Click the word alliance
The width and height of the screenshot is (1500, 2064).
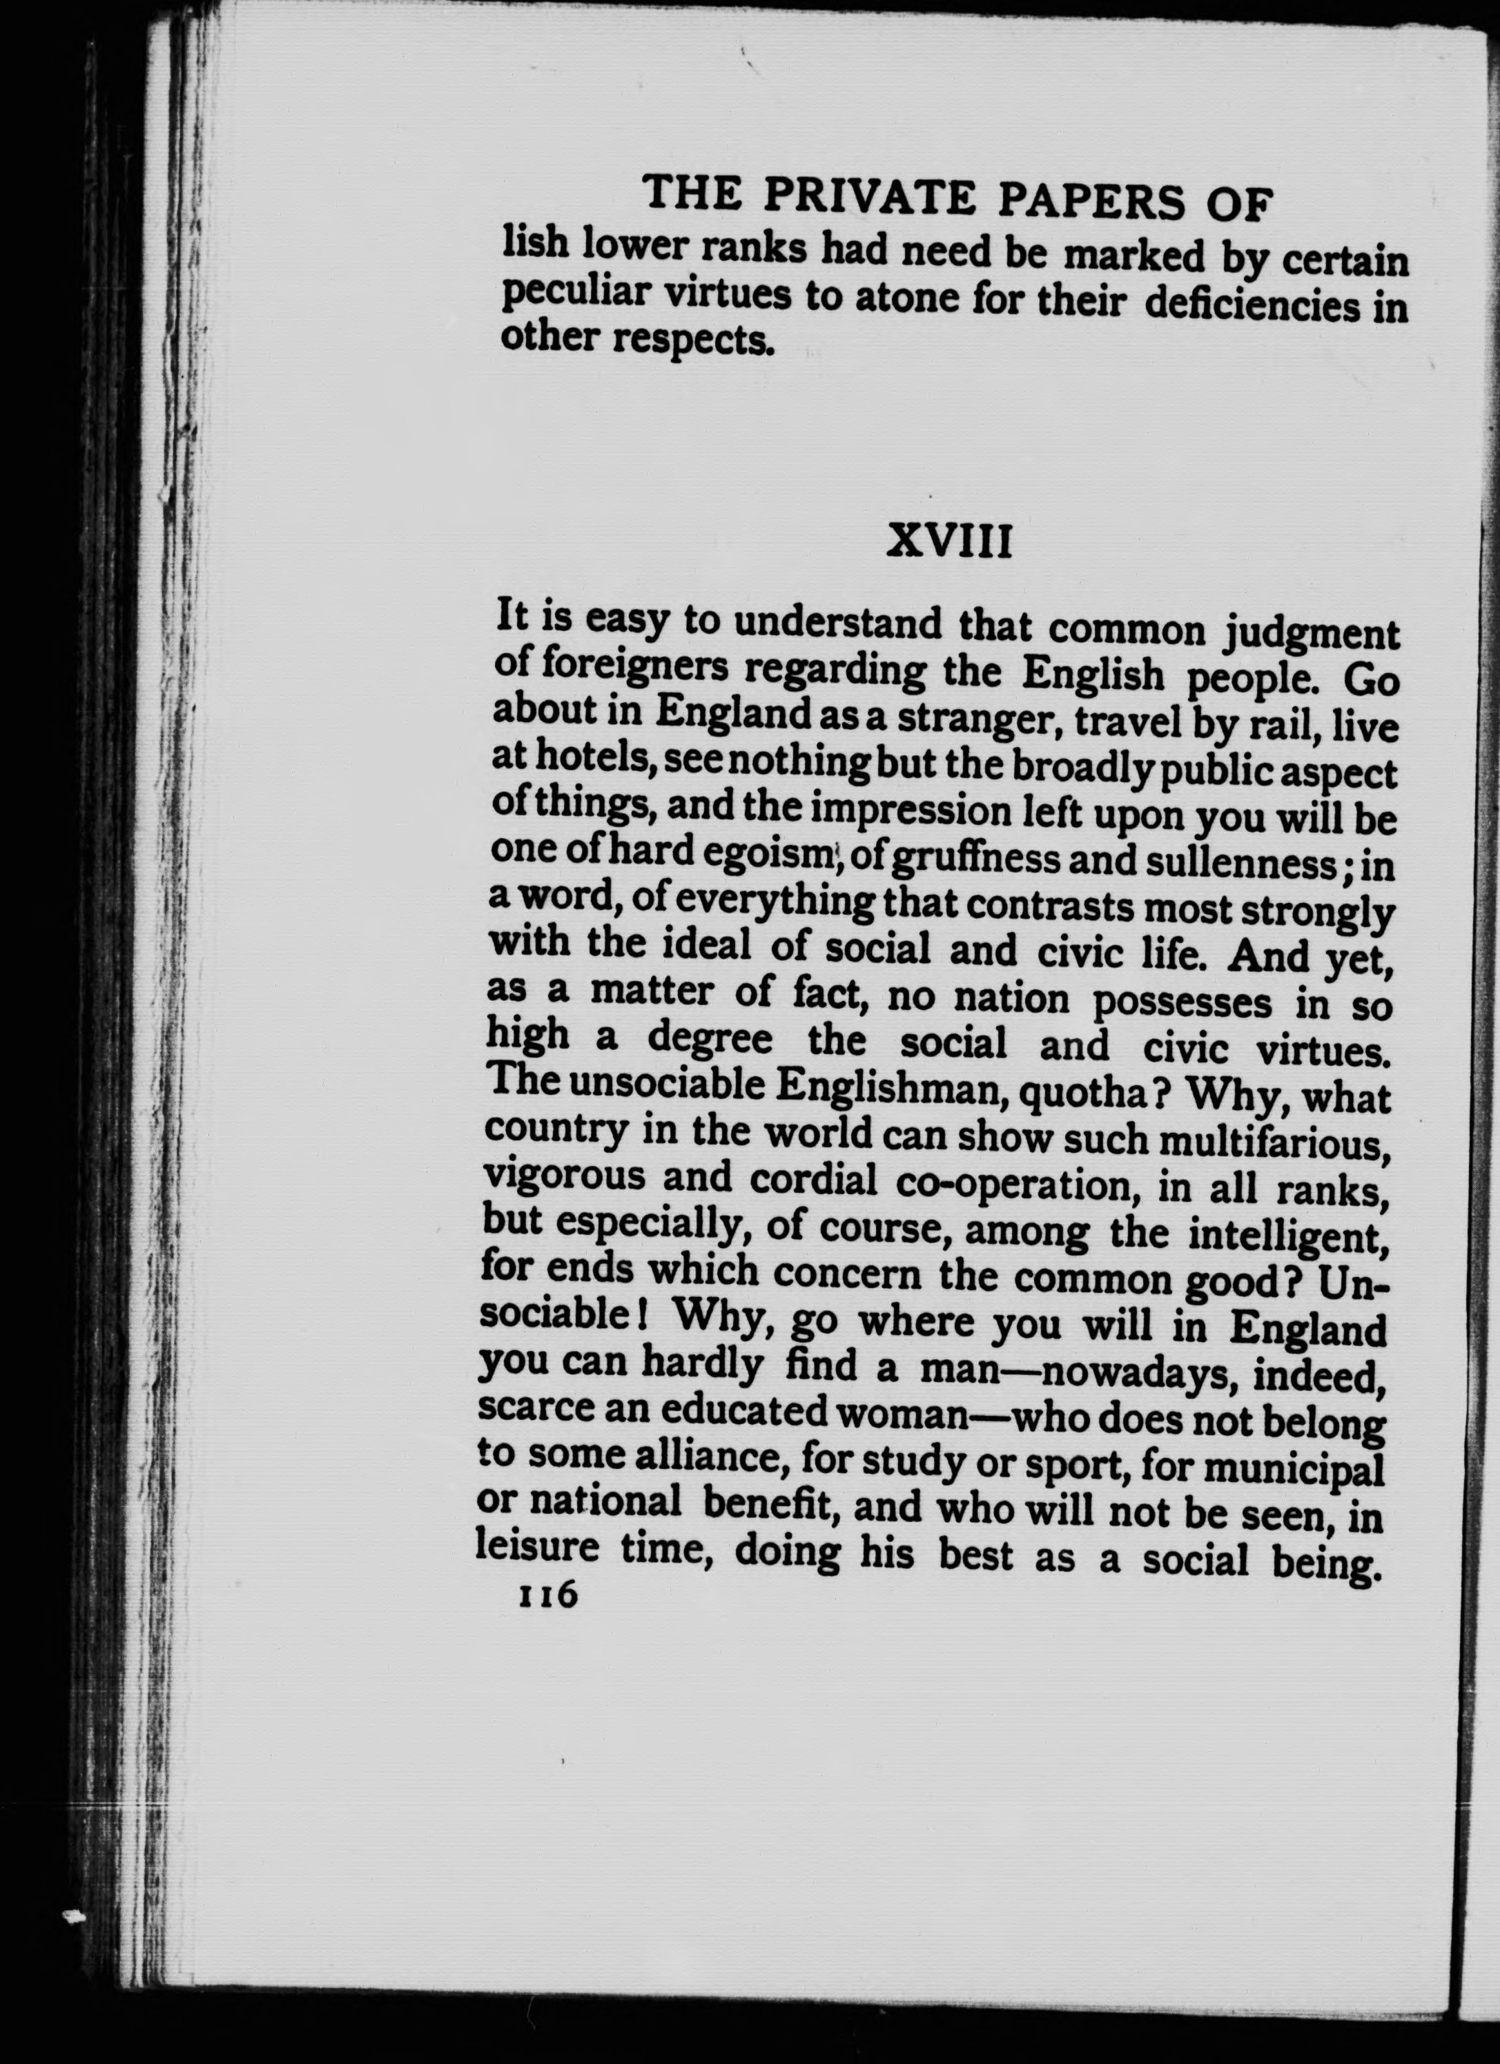tap(711, 1458)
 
